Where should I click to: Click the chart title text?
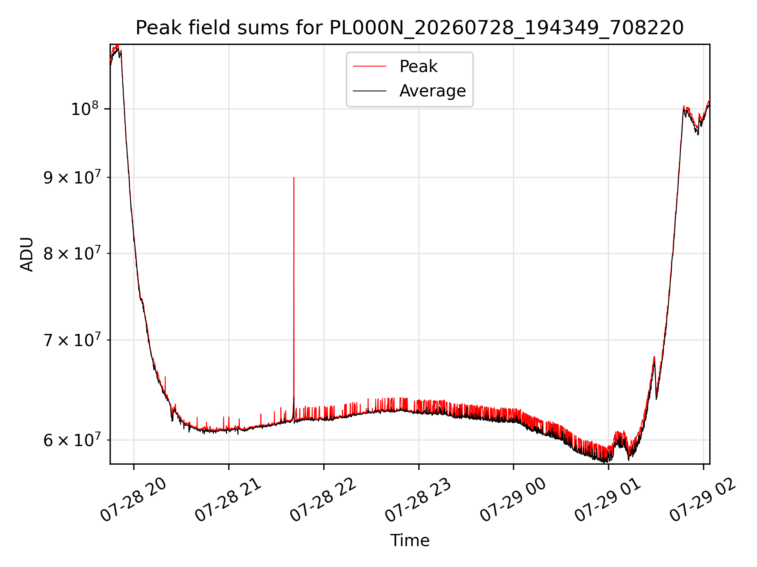click(x=410, y=28)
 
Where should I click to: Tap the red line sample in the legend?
click(x=369, y=66)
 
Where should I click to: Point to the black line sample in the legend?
click(x=369, y=91)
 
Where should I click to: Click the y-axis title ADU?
click(x=27, y=254)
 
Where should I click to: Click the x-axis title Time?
click(x=410, y=540)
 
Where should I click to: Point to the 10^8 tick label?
click(x=84, y=108)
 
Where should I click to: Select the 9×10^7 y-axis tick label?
click(x=71, y=177)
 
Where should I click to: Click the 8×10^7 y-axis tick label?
click(x=71, y=253)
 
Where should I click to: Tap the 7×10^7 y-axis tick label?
click(x=71, y=339)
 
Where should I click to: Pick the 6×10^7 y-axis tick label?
click(x=71, y=439)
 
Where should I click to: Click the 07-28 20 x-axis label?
click(x=133, y=499)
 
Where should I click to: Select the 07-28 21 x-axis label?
click(x=228, y=499)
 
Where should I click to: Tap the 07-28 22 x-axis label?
click(x=323, y=499)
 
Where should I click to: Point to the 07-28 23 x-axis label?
click(x=418, y=499)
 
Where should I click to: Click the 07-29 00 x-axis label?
click(x=513, y=499)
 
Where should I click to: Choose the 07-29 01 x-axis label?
click(x=608, y=499)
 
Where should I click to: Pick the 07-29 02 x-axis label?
click(x=703, y=499)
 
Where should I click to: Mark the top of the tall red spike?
click(x=294, y=178)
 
